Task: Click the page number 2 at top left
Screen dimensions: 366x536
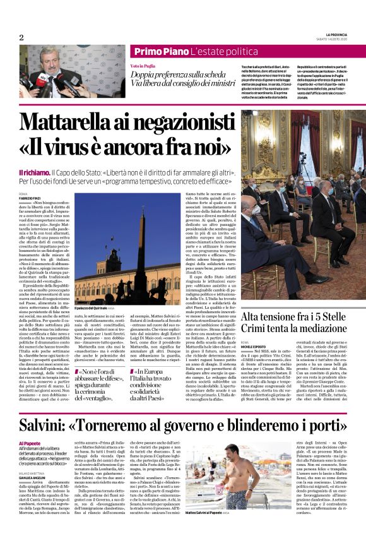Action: click(x=21, y=37)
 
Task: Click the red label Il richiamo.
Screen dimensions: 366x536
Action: click(x=33, y=172)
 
